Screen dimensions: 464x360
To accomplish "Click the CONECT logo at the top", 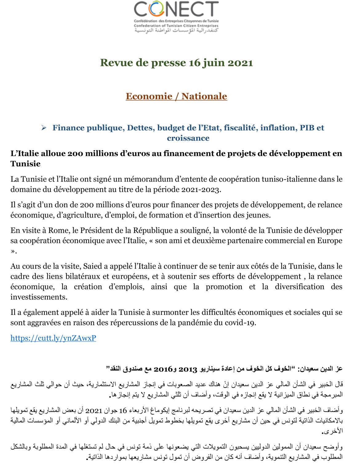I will click(176, 17).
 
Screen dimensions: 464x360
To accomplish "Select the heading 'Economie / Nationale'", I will click(176, 96).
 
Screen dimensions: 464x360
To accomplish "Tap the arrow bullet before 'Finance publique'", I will click(44, 128).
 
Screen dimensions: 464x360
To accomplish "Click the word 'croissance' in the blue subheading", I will click(188, 138).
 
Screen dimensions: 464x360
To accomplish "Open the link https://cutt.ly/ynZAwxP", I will click(53, 338).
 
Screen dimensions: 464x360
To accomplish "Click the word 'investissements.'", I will click(39, 297).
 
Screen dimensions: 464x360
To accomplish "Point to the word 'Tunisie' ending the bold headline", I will click(26, 164).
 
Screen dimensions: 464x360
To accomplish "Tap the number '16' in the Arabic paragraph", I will click(123, 410).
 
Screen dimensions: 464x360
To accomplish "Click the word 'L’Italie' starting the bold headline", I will click(23, 154).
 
